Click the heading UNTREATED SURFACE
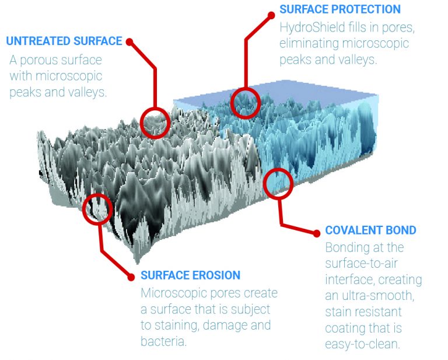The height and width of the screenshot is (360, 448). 64,41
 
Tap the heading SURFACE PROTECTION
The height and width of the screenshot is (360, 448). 340,10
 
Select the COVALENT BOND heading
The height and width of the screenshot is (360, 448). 370,230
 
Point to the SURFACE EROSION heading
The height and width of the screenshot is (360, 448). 190,275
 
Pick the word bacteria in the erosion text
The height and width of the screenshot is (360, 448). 163,341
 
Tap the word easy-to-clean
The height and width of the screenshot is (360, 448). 362,344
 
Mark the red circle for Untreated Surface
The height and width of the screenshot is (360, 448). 155,122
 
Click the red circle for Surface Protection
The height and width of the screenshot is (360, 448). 245,103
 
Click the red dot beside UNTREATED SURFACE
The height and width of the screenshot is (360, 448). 129,42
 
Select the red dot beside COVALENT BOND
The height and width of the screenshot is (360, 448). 317,233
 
